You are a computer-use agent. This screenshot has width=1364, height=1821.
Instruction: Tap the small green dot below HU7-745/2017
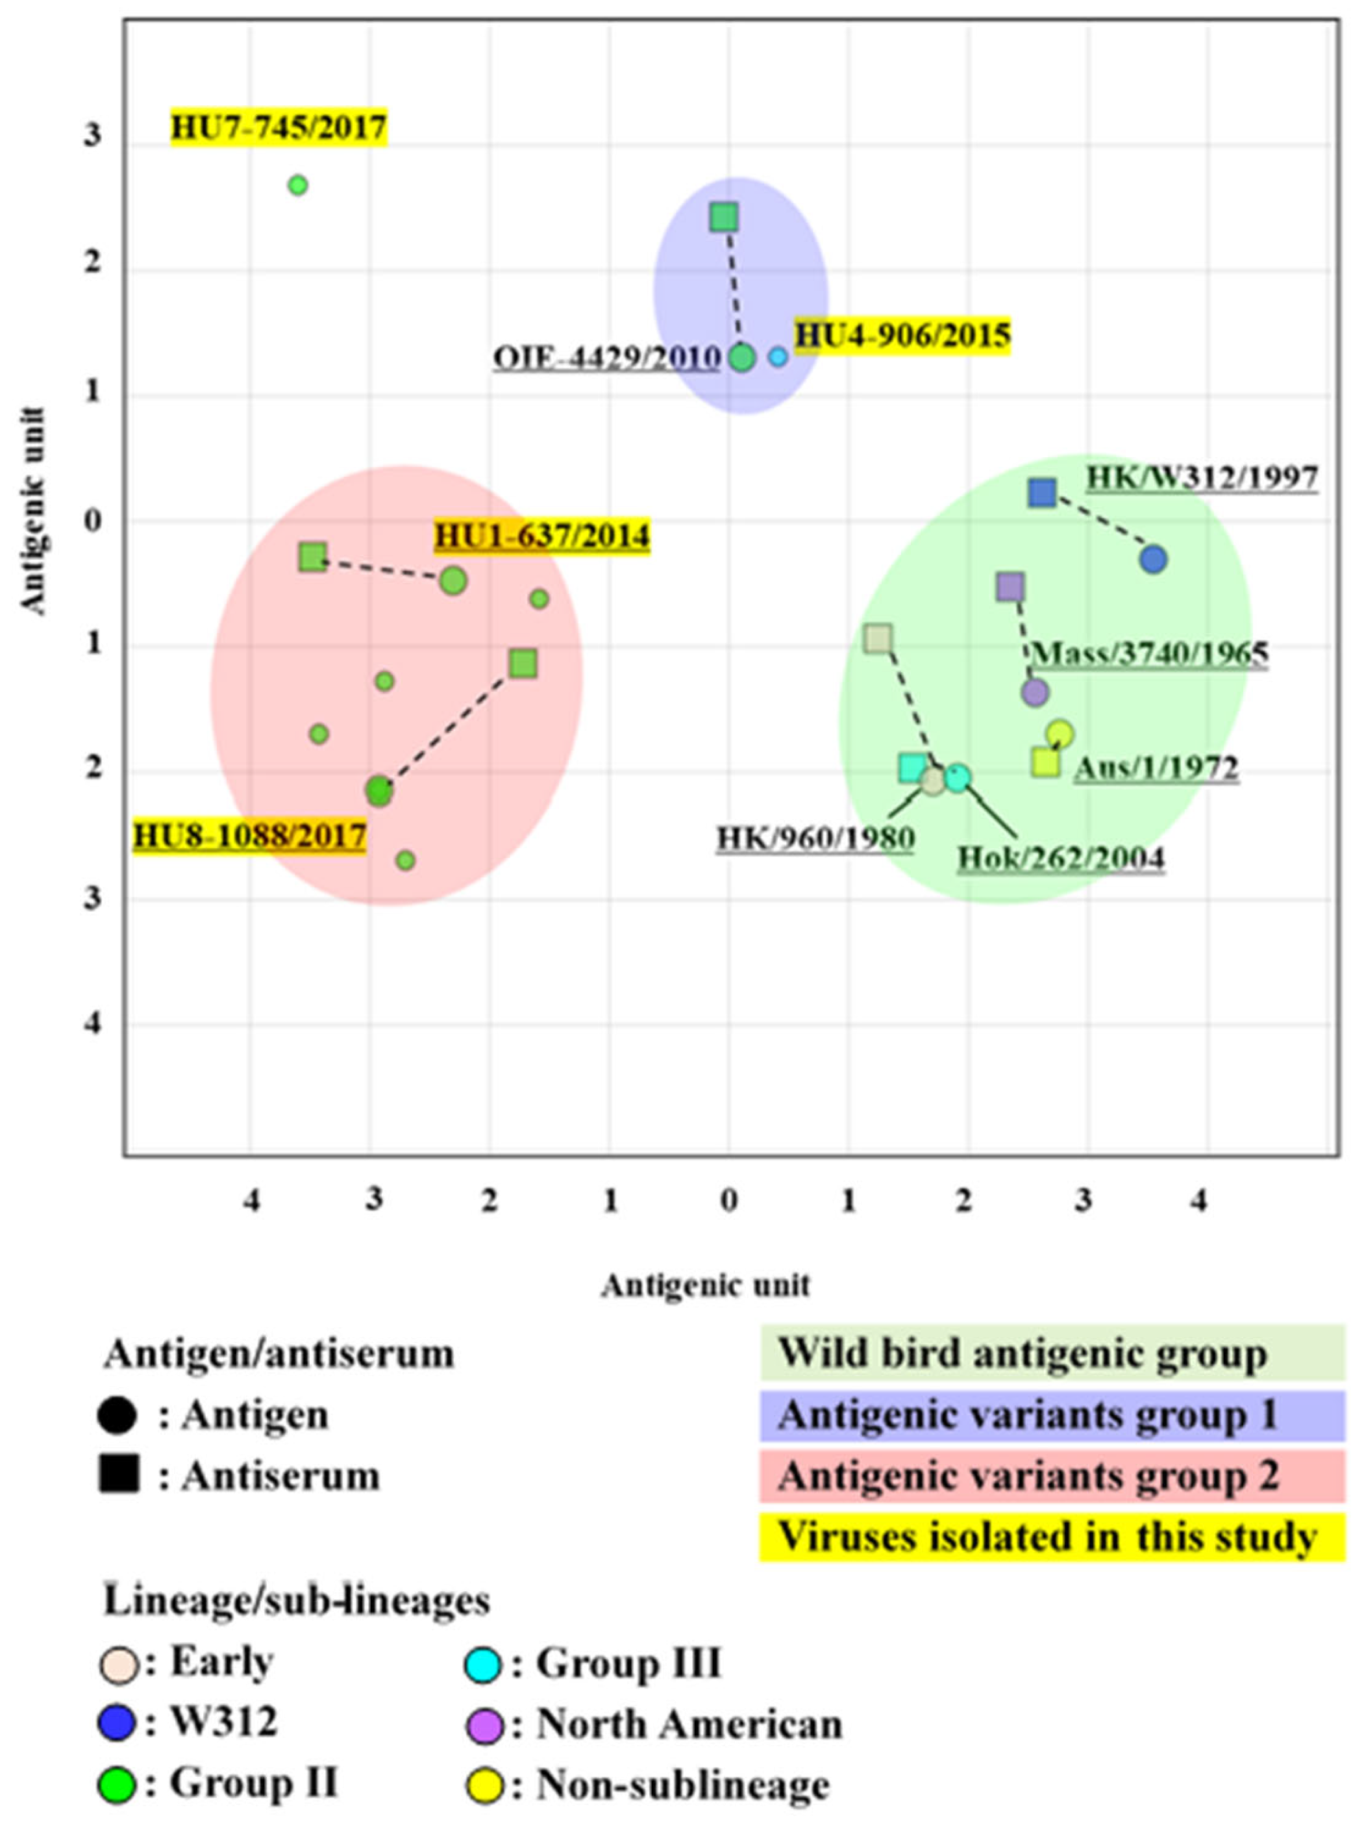click(298, 185)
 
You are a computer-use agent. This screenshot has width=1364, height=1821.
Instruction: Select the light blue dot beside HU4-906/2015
click(778, 357)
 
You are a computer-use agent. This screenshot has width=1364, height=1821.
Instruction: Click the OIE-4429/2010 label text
click(608, 359)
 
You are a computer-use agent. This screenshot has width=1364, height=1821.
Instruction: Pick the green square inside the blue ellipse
click(724, 218)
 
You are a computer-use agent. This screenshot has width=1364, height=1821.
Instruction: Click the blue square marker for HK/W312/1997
click(1042, 492)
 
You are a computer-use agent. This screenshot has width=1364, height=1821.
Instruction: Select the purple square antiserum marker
click(1010, 587)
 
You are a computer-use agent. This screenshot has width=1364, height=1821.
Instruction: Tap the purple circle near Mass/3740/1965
click(1035, 692)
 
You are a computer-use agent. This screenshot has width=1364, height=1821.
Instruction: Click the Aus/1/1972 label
click(1156, 768)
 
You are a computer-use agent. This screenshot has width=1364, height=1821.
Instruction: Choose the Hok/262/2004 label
click(1060, 859)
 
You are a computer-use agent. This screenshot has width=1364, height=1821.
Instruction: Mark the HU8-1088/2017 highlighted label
click(249, 836)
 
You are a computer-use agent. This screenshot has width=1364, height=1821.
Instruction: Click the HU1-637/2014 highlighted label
click(541, 535)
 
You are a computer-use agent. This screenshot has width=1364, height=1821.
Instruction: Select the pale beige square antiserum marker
click(878, 638)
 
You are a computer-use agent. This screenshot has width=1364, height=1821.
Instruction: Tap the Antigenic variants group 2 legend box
click(1051, 1476)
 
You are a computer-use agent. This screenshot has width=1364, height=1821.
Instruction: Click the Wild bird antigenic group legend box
click(1051, 1353)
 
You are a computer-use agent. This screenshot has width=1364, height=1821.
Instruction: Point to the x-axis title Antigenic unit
click(706, 1285)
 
